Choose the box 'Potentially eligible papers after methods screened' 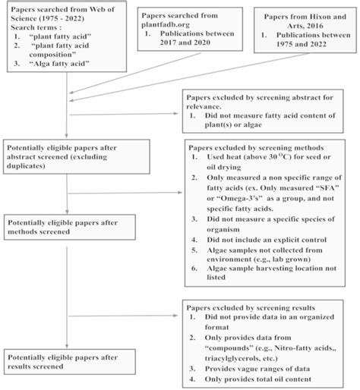click(69, 225)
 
